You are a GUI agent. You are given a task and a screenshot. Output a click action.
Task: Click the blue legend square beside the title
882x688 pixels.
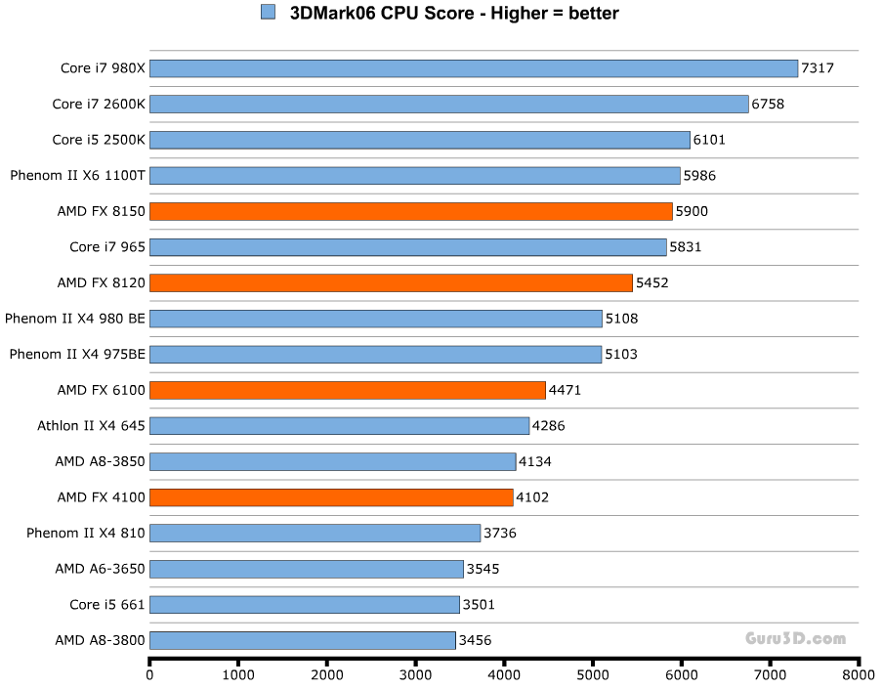pyautogui.click(x=268, y=13)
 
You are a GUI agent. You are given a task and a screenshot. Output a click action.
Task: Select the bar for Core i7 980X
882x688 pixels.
pyautogui.click(x=474, y=68)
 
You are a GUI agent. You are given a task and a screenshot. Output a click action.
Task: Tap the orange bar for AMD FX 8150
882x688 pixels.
pyautogui.click(x=411, y=211)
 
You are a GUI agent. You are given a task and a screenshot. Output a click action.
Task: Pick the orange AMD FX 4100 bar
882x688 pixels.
pyautogui.click(x=331, y=497)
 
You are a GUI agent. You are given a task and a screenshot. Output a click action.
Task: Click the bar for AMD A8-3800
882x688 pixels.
pyautogui.click(x=303, y=640)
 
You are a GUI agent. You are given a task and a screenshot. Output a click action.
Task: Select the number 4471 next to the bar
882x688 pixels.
pyautogui.click(x=566, y=390)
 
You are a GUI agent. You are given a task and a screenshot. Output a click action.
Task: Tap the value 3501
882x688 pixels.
pyautogui.click(x=479, y=605)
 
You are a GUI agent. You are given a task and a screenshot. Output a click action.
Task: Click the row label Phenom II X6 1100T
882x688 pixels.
pyautogui.click(x=77, y=176)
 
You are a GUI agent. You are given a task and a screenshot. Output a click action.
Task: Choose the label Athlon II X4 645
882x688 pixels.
pyautogui.click(x=91, y=426)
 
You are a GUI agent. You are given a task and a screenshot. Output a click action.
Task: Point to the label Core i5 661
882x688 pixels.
pyautogui.click(x=107, y=605)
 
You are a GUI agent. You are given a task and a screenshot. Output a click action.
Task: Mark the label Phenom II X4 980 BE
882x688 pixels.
pyautogui.click(x=75, y=319)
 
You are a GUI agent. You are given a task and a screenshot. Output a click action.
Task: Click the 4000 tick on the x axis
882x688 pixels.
pyautogui.click(x=504, y=675)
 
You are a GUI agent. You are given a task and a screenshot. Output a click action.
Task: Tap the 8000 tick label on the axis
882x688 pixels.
pyautogui.click(x=859, y=675)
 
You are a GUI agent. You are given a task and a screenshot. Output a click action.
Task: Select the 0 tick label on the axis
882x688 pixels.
pyautogui.click(x=149, y=675)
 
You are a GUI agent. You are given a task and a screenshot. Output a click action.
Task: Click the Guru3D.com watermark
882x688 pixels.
pyautogui.click(x=796, y=639)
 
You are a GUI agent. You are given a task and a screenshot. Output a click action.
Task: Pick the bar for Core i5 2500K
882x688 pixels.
pyautogui.click(x=420, y=140)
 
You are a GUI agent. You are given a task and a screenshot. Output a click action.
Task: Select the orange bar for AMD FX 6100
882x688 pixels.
pyautogui.click(x=348, y=390)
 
